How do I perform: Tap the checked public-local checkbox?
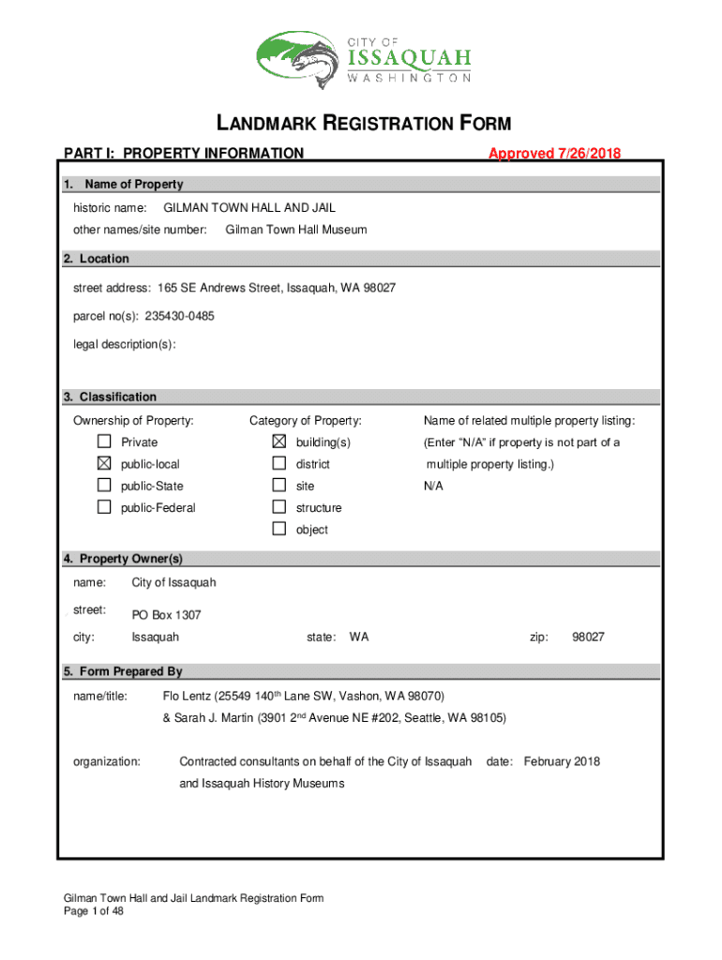point(103,464)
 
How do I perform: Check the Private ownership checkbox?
point(103,442)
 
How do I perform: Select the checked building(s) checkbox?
point(278,442)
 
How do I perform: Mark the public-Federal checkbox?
point(103,507)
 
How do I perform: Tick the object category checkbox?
point(278,529)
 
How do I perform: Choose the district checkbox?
point(278,464)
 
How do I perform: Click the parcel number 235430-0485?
point(179,316)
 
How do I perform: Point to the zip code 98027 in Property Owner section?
point(588,637)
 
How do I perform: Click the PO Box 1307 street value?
point(166,615)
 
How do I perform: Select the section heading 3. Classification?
point(110,397)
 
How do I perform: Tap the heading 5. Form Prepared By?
point(123,671)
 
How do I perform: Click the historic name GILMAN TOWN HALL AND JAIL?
point(249,207)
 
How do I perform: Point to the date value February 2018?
point(562,761)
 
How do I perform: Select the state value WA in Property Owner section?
point(359,637)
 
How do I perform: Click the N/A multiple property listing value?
point(433,486)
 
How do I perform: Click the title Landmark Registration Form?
point(364,124)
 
